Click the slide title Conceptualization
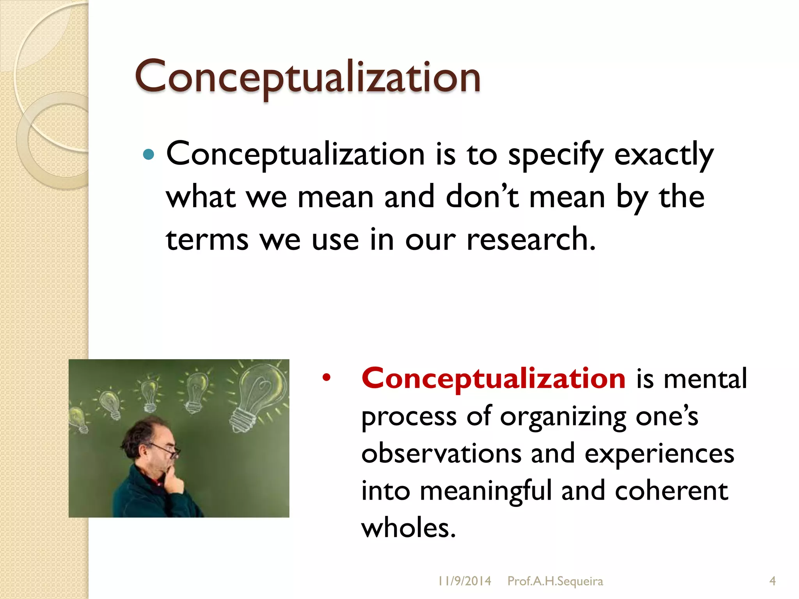click(x=307, y=77)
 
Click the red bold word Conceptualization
click(x=493, y=378)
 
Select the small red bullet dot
click(x=326, y=377)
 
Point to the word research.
click(x=531, y=239)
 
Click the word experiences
click(x=659, y=455)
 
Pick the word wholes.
click(x=408, y=528)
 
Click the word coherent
click(x=671, y=491)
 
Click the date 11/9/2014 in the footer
click(x=464, y=581)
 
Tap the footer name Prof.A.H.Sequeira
click(x=555, y=581)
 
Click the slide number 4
click(x=772, y=581)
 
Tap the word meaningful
click(x=485, y=491)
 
